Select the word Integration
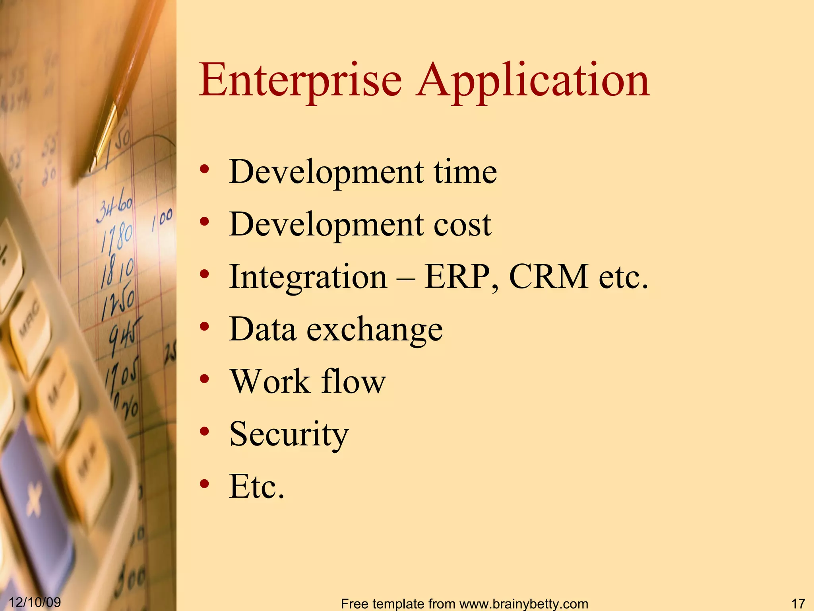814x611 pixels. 308,277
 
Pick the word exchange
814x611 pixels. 374,329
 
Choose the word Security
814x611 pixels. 289,434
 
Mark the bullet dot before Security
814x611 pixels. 204,432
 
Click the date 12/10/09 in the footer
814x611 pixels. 35,602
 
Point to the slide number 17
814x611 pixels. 798,603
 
